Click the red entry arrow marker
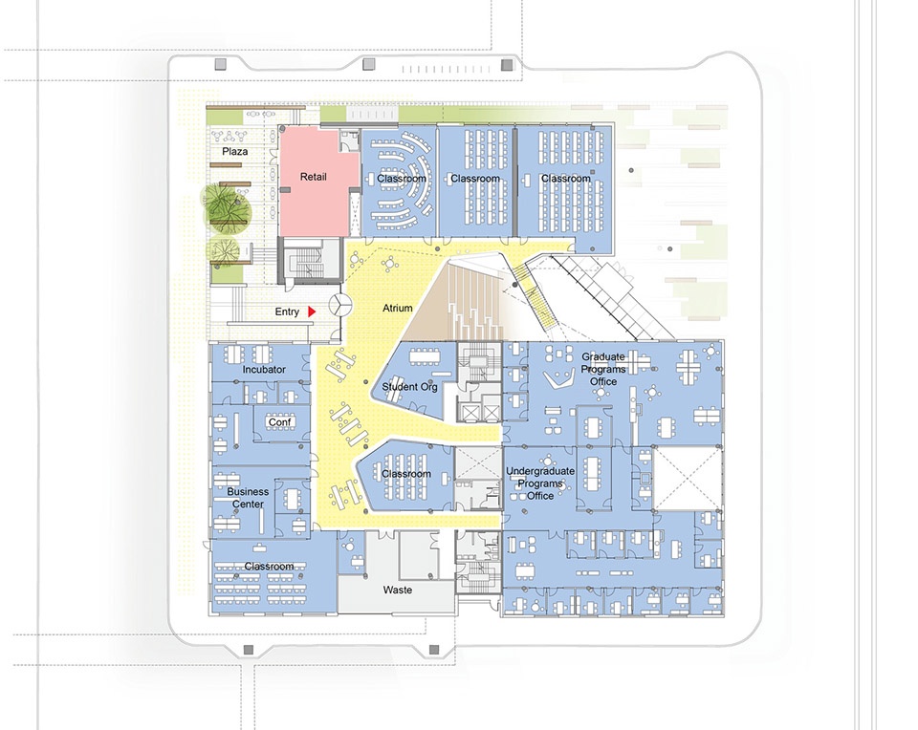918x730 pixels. point(312,311)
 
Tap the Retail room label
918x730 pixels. point(314,177)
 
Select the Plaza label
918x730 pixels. point(235,152)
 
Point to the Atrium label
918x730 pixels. point(398,309)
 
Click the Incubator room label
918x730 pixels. point(264,370)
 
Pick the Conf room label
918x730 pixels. point(279,422)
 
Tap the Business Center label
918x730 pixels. point(249,498)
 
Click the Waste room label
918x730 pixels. point(398,590)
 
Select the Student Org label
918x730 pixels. point(410,387)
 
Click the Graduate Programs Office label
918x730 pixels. point(603,369)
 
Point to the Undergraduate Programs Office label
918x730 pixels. point(539,483)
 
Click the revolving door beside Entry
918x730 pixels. point(339,305)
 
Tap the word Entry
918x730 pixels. point(287,312)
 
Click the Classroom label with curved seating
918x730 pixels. point(401,179)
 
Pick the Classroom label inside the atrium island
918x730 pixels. point(406,474)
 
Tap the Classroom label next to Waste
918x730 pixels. point(269,567)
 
